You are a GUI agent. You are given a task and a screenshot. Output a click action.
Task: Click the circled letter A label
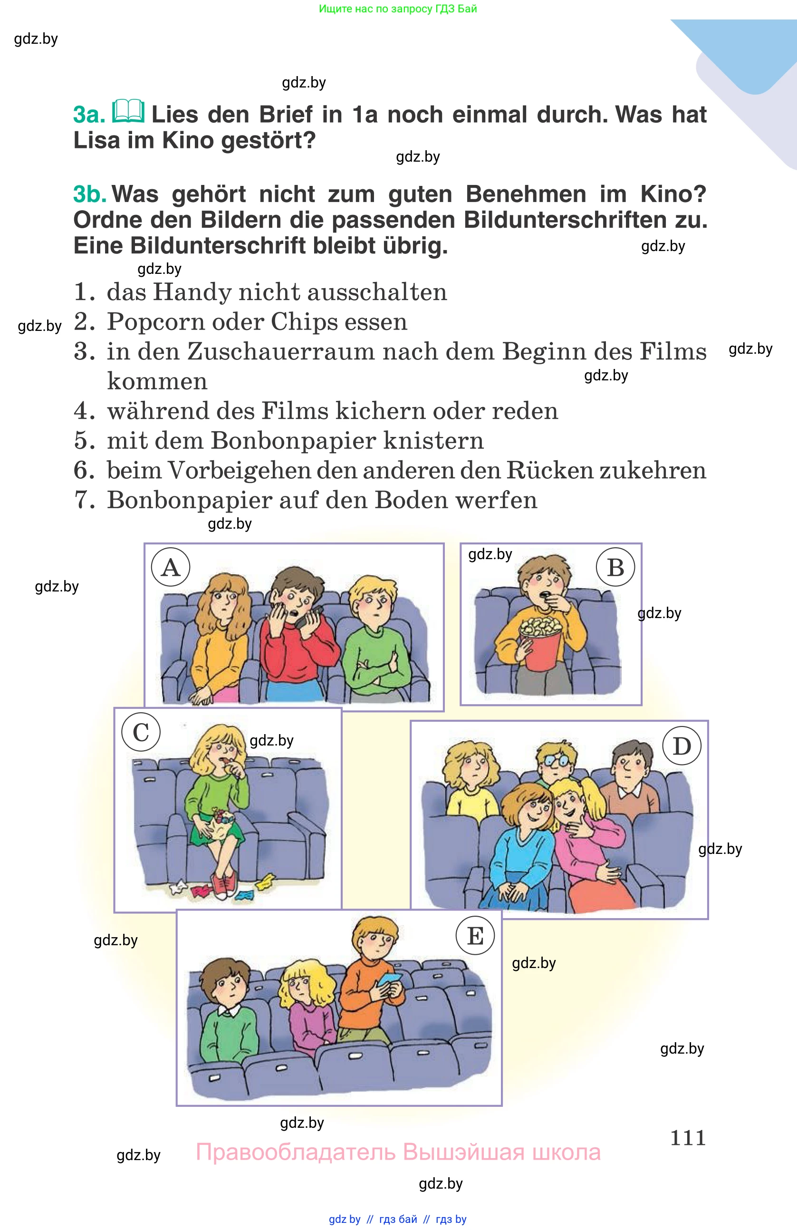pyautogui.click(x=171, y=567)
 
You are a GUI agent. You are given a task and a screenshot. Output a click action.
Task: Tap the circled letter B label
pyautogui.click(x=615, y=567)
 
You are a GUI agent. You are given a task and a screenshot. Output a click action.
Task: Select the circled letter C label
pyautogui.click(x=141, y=732)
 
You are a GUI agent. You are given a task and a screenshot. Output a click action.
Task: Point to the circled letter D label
pyautogui.click(x=682, y=746)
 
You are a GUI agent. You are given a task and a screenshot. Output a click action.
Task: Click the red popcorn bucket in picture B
pyautogui.click(x=540, y=649)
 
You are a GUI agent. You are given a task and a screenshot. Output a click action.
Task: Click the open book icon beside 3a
pyautogui.click(x=128, y=111)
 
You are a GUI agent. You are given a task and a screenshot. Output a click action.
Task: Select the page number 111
pyautogui.click(x=688, y=1137)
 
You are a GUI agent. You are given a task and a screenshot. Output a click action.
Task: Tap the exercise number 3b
pyautogui.click(x=89, y=194)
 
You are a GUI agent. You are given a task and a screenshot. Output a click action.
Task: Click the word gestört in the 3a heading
pyautogui.click(x=268, y=140)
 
